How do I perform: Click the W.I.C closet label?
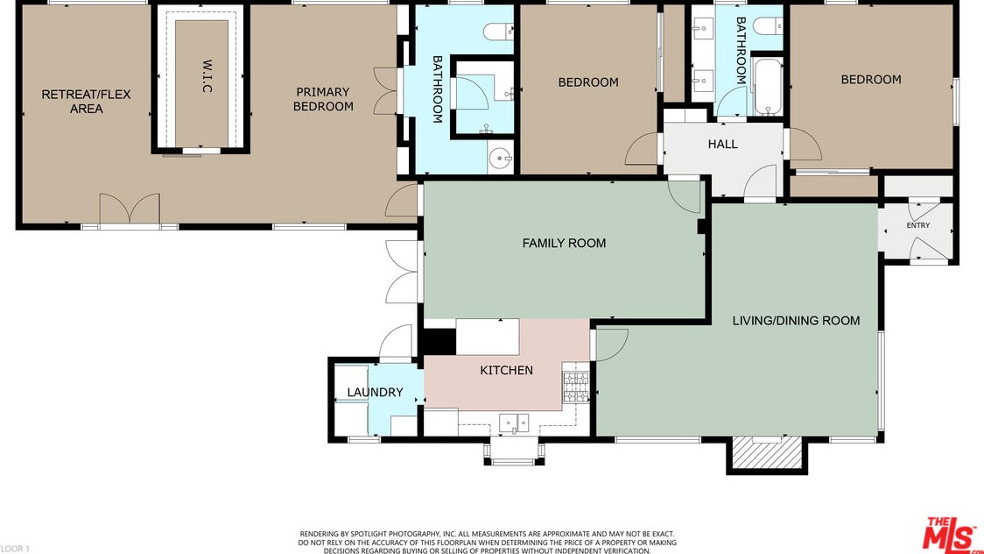coord(207,76)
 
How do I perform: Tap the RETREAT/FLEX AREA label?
coord(86,101)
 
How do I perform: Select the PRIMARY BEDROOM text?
coord(323,99)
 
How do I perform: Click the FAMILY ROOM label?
coord(564,243)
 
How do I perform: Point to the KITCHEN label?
coord(506,371)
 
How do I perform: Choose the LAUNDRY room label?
coord(375,392)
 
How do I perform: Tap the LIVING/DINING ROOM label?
coord(796,320)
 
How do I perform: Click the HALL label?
coord(722,144)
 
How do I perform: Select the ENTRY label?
coord(918,225)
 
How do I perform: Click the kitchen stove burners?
coord(575,387)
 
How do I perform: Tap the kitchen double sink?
coord(514,423)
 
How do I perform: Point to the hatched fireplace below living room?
coord(767,453)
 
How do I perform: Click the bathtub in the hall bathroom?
coord(768,87)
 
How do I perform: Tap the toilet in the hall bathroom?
coord(768,25)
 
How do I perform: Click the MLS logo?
coord(949,535)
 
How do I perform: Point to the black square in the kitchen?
coord(440,342)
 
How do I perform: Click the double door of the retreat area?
coord(130,208)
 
